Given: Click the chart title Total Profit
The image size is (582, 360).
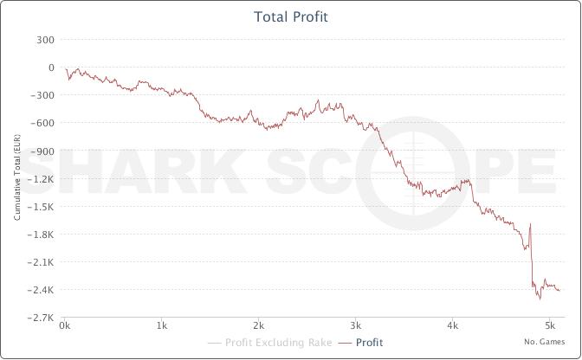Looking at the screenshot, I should (291, 17).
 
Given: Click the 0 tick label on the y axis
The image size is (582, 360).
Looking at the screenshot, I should (52, 67).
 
